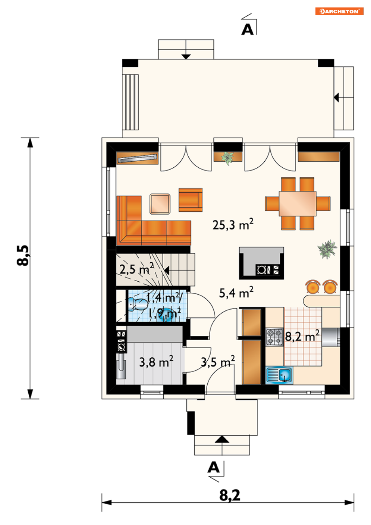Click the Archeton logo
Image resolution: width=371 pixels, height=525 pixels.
[x=339, y=12]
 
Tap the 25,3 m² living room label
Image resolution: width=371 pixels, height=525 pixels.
[x=233, y=224]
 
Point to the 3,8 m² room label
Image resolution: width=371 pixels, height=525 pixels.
[x=156, y=361]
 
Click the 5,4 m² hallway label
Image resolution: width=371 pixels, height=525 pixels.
[x=236, y=292]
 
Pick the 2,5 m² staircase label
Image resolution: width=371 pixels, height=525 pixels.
[x=137, y=269]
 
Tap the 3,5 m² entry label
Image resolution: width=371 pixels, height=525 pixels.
[x=218, y=361]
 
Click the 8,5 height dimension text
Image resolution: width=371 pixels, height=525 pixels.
[x=23, y=255]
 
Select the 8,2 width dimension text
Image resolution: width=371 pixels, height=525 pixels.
[x=230, y=495]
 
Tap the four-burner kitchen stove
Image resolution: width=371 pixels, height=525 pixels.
[x=275, y=337]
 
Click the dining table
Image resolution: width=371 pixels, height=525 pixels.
[x=298, y=203]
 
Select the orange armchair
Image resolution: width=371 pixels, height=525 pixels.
[x=191, y=200]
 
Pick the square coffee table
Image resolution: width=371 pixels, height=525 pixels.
[x=160, y=204]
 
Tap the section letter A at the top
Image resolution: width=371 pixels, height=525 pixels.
[x=248, y=30]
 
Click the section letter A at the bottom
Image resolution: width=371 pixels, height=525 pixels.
[x=214, y=467]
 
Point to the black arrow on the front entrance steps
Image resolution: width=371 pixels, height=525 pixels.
[x=222, y=439]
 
